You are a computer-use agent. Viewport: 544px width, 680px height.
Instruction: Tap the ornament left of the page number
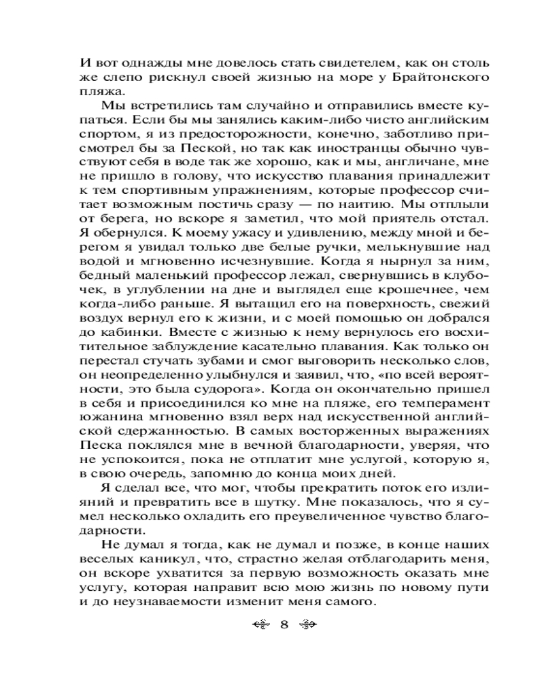point(260,624)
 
